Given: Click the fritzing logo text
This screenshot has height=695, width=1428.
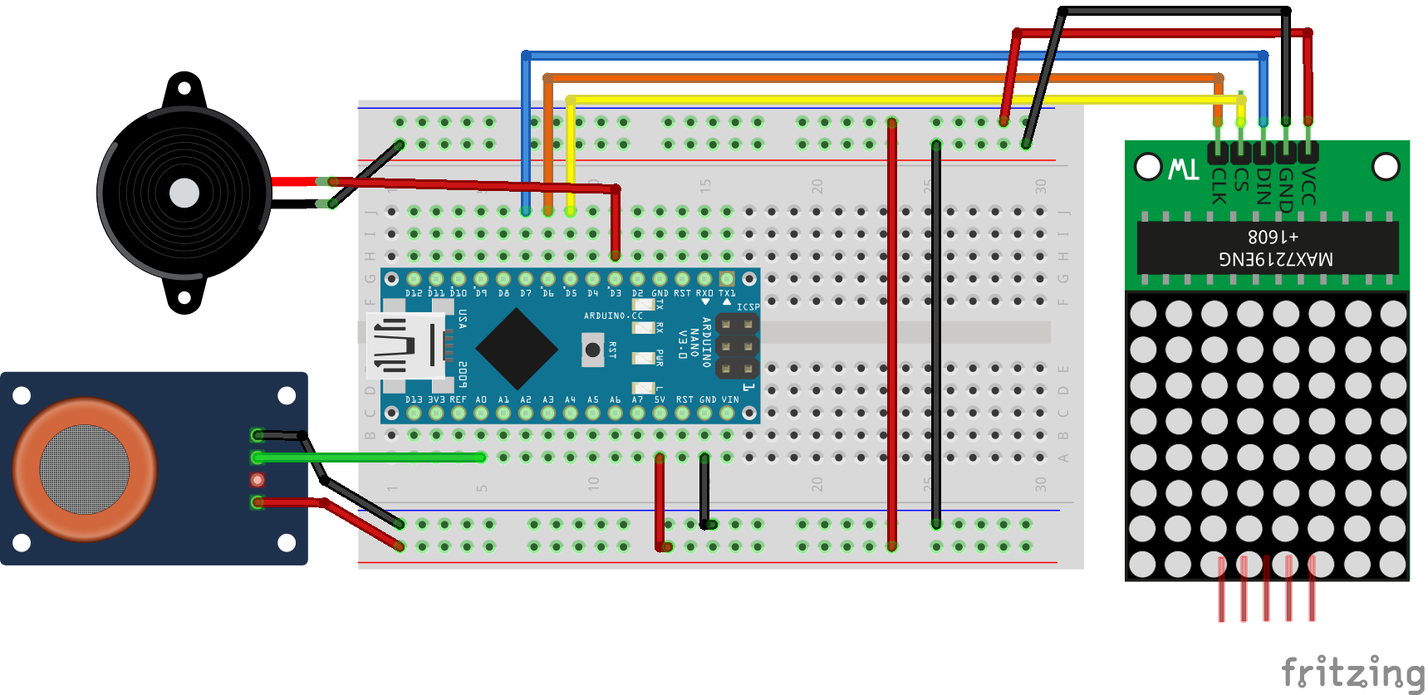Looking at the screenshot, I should click(1352, 672).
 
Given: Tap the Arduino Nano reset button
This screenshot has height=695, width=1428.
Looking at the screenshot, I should click(592, 350).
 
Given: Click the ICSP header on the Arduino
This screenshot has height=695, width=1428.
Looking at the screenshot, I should click(737, 345).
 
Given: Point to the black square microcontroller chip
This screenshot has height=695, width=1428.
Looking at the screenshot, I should click(517, 349).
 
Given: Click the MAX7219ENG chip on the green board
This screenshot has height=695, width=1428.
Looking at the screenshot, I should click(1268, 247).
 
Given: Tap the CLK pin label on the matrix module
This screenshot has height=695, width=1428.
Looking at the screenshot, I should click(1218, 185).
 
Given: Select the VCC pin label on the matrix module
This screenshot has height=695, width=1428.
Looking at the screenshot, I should click(1308, 185).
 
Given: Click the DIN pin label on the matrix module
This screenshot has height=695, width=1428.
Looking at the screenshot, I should click(1264, 185).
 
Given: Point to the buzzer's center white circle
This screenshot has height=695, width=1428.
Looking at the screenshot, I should click(184, 193).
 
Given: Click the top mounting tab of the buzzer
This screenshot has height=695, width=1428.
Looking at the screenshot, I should click(184, 88).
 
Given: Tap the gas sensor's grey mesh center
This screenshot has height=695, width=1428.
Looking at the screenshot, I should click(84, 469).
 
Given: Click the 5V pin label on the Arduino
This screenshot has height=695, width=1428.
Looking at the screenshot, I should click(660, 399).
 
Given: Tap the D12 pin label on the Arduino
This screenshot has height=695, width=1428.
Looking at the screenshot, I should click(414, 293).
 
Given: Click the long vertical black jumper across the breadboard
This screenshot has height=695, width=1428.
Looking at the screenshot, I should click(936, 332).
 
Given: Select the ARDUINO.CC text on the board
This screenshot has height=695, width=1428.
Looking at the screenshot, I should click(613, 316).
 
